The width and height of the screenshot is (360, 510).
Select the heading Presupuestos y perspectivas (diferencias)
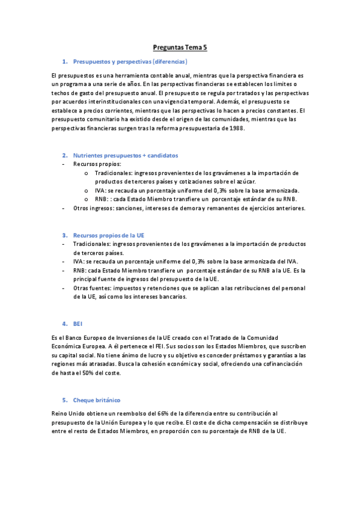point(130,62)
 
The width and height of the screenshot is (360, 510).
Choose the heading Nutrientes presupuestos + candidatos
point(125,155)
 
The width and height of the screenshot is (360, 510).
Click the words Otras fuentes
point(91,288)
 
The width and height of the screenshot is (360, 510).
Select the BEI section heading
point(78,324)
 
